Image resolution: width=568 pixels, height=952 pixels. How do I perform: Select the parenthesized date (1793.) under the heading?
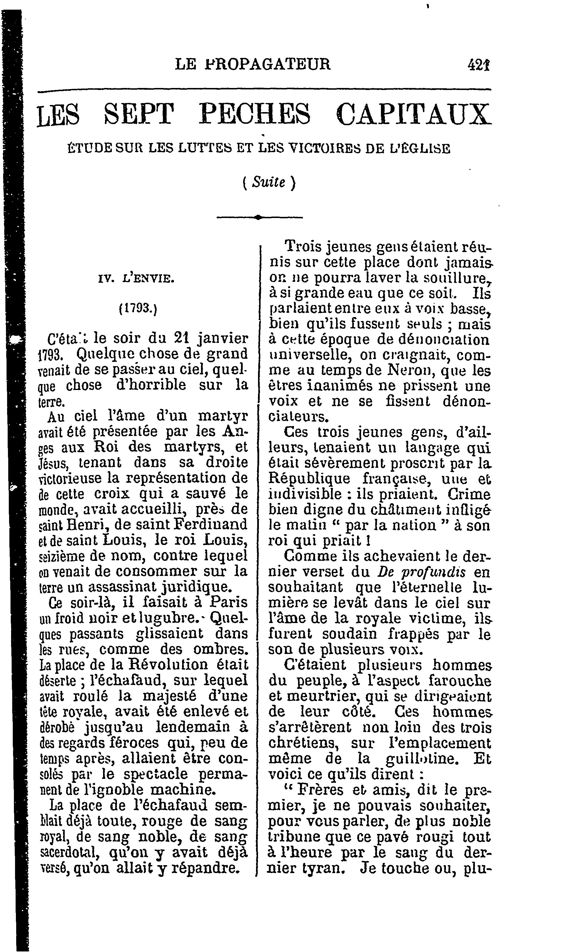click(x=138, y=308)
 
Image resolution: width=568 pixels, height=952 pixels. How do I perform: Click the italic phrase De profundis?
click(x=421, y=572)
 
